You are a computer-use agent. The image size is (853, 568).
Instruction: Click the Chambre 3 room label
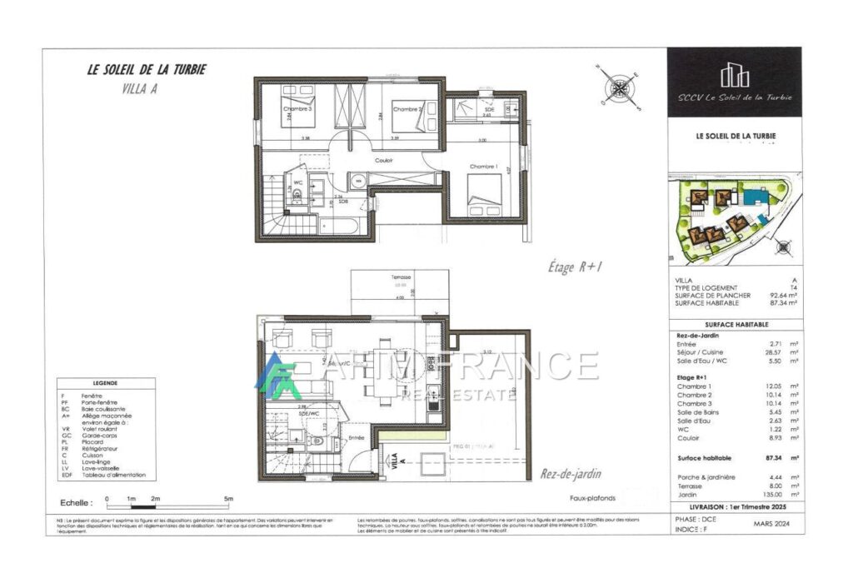(x=297, y=109)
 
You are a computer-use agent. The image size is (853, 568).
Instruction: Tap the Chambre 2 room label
(x=408, y=109)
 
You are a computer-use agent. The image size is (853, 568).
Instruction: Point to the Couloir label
(x=383, y=160)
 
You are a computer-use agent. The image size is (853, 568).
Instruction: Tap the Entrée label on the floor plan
(x=357, y=436)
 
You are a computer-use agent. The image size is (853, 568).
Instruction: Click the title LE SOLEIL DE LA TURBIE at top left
(x=147, y=70)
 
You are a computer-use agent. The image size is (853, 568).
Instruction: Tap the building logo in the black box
(x=734, y=75)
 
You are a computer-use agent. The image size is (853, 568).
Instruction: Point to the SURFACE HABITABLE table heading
(x=736, y=324)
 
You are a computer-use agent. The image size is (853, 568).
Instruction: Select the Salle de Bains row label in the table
(x=699, y=412)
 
